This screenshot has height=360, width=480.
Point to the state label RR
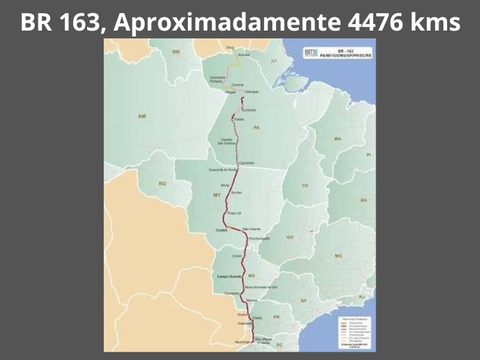point(176,53)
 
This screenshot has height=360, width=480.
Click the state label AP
point(273,61)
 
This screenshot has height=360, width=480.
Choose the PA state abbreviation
point(256,128)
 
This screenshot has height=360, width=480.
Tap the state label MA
point(338,139)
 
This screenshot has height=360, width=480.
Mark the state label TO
point(305,186)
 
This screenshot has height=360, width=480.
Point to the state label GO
point(290,238)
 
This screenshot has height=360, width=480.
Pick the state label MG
point(338,256)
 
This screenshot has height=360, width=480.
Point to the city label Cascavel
point(242,324)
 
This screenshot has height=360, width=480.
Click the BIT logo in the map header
point(310,52)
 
